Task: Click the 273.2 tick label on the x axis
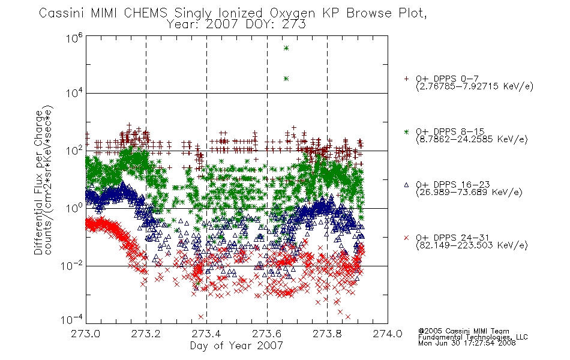coord(146,334)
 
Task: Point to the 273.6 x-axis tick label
coord(267,334)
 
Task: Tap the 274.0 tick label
coord(388,334)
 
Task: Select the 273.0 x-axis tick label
coord(85,334)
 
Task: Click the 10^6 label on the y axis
coord(74,38)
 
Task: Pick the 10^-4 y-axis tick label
coord(71,319)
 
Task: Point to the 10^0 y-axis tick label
coord(74,208)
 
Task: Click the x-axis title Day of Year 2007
coord(236,345)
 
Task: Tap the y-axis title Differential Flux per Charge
coord(38,182)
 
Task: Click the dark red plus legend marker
coord(406,79)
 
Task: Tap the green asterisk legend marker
coord(406,131)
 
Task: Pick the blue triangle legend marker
coord(406,185)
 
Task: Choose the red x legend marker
coord(406,238)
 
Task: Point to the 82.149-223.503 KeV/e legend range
coord(472,245)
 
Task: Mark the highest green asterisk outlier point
coord(286,48)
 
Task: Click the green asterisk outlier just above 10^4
coord(286,79)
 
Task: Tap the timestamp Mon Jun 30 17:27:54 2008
coord(467,343)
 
